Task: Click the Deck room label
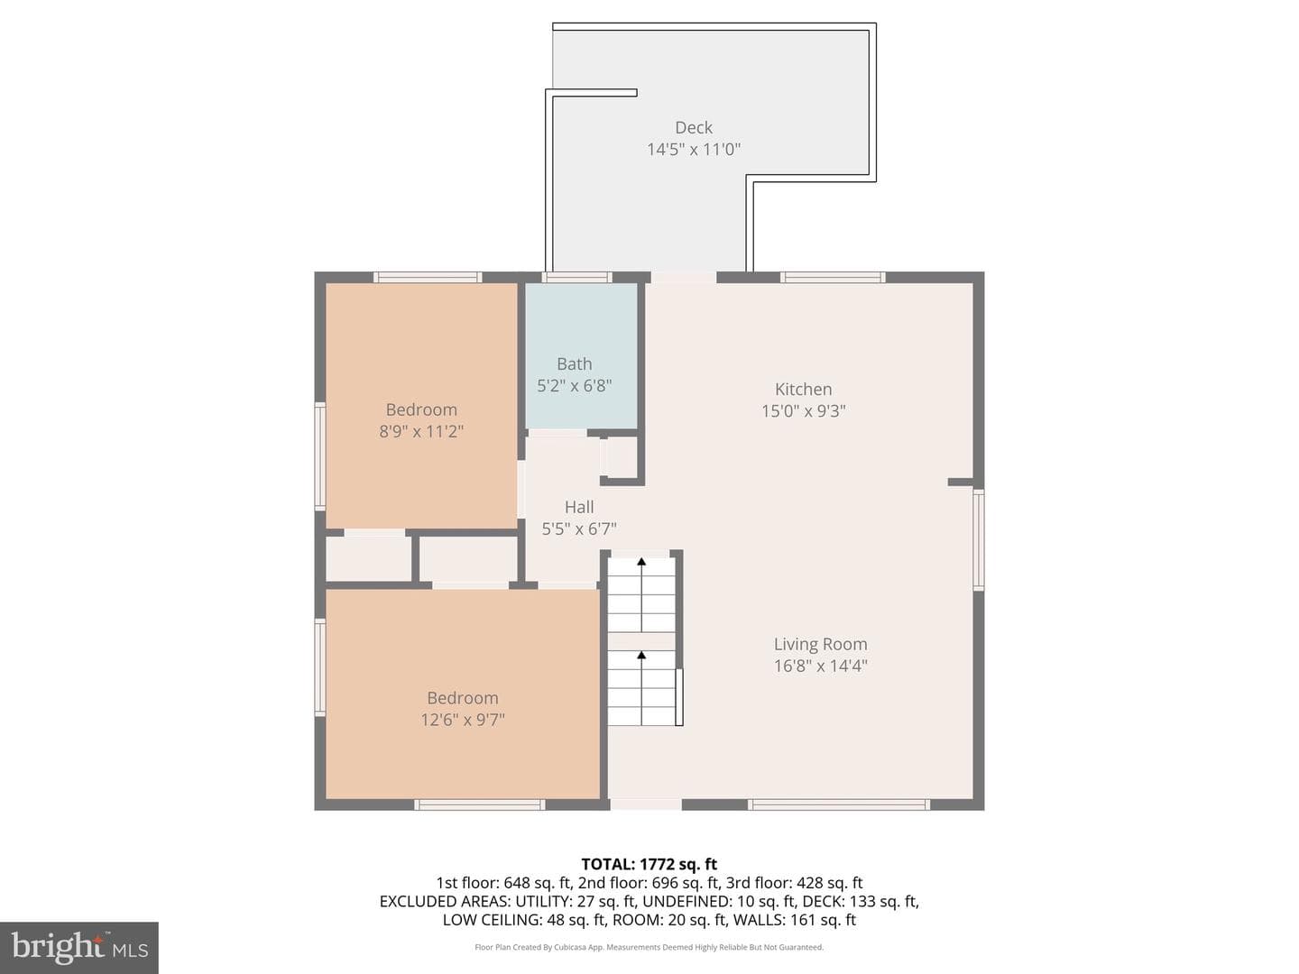tap(694, 127)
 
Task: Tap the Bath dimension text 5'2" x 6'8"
tap(574, 386)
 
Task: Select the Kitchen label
tap(803, 389)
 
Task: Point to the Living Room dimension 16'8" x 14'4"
tap(820, 666)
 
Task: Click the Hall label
tap(579, 507)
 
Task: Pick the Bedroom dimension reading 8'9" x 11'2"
tap(420, 431)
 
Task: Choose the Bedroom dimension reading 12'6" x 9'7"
tap(462, 720)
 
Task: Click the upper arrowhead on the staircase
tap(640, 562)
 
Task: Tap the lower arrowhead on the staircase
tap(640, 656)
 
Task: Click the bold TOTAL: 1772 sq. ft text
tap(649, 864)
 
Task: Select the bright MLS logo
tap(79, 947)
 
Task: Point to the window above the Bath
tap(577, 277)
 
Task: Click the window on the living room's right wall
tap(979, 539)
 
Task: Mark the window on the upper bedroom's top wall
tap(428, 277)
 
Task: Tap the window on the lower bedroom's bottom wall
tap(479, 804)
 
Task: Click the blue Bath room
tap(582, 355)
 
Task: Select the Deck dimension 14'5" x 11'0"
tap(694, 149)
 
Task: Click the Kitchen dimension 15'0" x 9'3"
tap(803, 410)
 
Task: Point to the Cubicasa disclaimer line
tap(649, 947)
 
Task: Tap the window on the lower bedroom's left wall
tap(319, 667)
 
